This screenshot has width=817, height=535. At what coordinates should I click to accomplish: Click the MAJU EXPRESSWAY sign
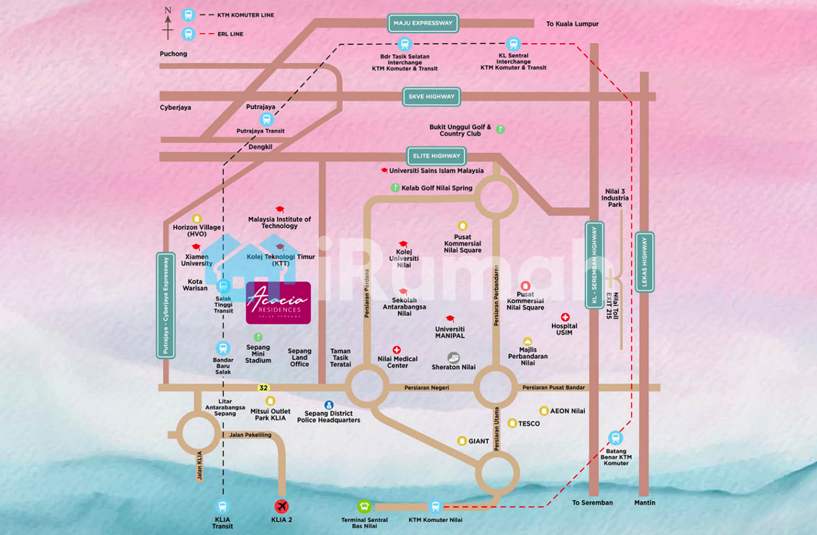tap(423, 24)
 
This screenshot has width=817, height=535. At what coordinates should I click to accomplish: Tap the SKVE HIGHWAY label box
tap(431, 96)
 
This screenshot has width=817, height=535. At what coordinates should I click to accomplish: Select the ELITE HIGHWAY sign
tap(436, 156)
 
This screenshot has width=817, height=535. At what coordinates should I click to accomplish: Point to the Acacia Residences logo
tap(278, 302)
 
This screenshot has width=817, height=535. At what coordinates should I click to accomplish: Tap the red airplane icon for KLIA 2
tap(281, 506)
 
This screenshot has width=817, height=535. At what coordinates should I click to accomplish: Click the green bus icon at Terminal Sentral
tap(364, 506)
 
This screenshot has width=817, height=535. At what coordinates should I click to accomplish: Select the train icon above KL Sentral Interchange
tap(513, 44)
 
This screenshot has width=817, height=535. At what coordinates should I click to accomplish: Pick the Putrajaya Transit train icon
tap(266, 119)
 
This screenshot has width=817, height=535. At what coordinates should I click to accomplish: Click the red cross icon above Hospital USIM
tap(565, 317)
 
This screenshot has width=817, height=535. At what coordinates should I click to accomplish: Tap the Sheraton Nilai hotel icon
tap(454, 358)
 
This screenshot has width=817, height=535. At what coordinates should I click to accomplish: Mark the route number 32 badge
tap(263, 388)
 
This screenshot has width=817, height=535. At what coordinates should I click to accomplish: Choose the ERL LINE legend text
tap(230, 34)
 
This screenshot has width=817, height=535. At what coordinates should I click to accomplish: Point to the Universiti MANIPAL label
tap(450, 332)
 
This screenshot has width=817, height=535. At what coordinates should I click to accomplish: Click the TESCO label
tap(529, 423)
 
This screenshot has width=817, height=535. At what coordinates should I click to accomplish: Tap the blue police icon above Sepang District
tap(329, 405)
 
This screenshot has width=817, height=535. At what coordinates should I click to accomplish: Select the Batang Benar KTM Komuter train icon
tap(615, 438)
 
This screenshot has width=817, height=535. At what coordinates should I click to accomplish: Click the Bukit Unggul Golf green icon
tap(500, 129)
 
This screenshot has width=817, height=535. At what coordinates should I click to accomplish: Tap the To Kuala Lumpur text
tap(572, 24)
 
